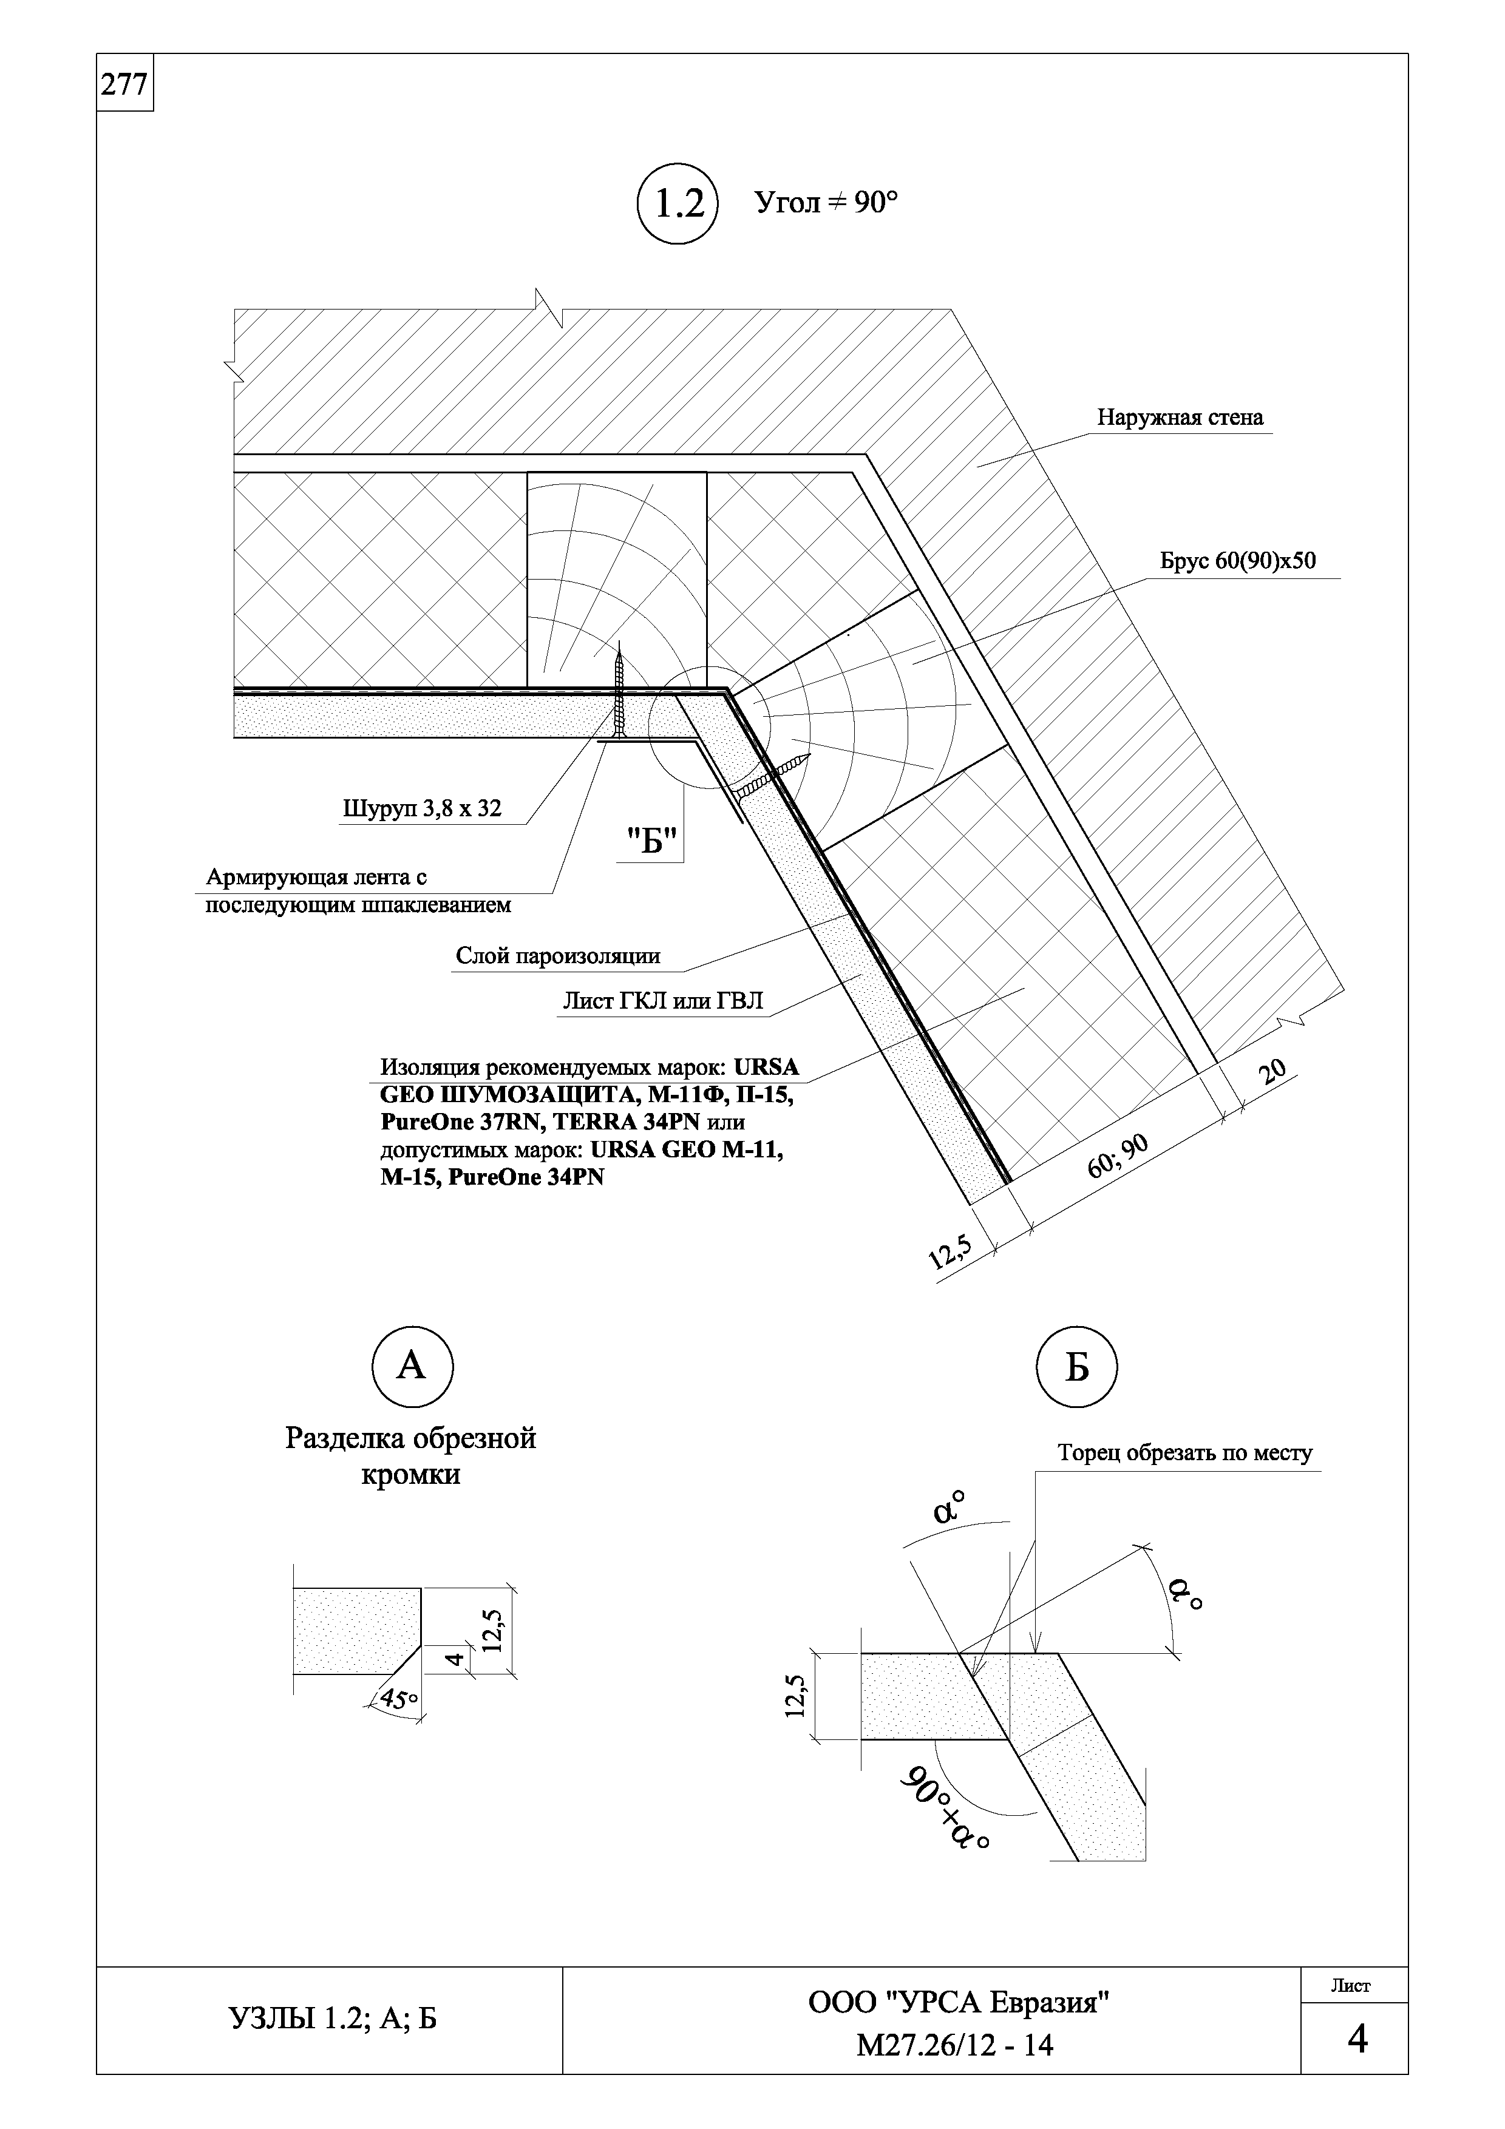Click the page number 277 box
click(x=124, y=84)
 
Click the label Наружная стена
click(x=1180, y=418)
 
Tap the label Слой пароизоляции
click(x=557, y=956)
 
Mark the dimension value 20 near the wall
click(x=1274, y=1072)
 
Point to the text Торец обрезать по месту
click(x=1185, y=1453)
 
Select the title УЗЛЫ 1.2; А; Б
click(x=332, y=2016)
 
